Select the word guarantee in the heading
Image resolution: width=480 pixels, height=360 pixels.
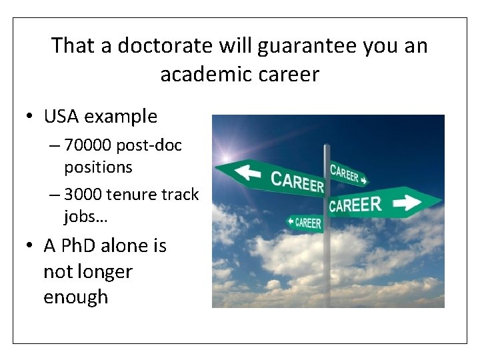click(291, 46)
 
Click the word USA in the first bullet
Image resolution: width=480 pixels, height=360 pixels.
click(61, 117)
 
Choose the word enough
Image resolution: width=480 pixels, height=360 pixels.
click(75, 297)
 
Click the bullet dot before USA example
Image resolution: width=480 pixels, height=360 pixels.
click(31, 117)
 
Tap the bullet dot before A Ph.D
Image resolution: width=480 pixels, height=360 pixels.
click(31, 247)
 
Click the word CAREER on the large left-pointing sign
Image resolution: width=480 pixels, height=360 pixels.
click(297, 180)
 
